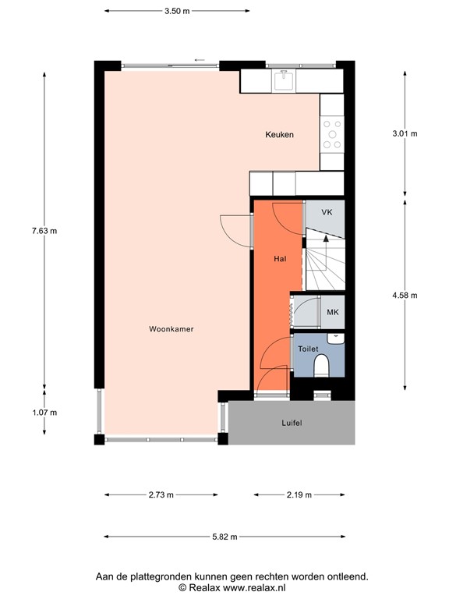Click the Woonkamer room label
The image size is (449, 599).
tap(171, 329)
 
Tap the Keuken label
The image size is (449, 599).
tap(279, 135)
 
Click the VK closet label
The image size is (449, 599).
tap(327, 212)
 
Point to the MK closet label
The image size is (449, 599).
tap(332, 313)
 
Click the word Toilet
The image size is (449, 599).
tap(308, 349)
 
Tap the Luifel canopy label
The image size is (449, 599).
tap(291, 423)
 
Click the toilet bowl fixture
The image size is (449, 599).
tap(320, 365)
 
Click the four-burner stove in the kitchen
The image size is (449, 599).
tap(333, 133)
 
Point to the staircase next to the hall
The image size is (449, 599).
tap(323, 260)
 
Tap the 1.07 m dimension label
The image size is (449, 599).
tap(44, 413)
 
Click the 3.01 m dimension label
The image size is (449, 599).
tap(405, 133)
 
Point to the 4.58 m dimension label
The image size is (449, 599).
tap(405, 295)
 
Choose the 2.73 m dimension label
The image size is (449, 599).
tap(161, 494)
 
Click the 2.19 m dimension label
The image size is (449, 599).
tap(299, 494)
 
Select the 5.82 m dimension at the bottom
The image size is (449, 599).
tap(224, 537)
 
